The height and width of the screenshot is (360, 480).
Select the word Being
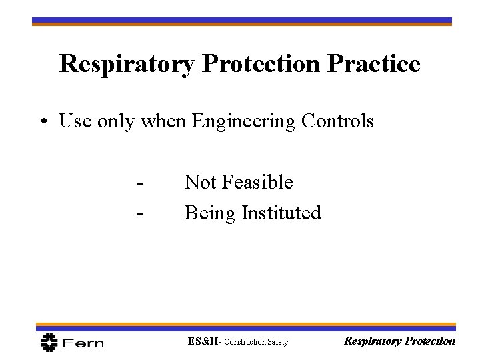[208, 213]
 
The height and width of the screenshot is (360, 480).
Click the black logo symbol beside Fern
[49, 341]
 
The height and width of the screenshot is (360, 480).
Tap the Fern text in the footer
[82, 343]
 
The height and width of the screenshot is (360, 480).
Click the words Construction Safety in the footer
[256, 343]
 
